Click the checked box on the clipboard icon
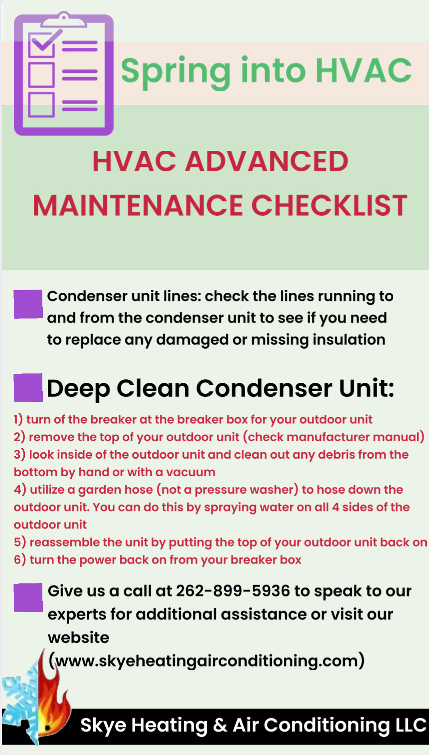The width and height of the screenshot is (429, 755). (x=41, y=45)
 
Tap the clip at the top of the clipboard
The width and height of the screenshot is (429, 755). (x=64, y=19)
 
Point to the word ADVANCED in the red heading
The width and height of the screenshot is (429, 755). (x=266, y=161)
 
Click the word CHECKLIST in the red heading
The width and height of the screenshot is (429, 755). (x=329, y=205)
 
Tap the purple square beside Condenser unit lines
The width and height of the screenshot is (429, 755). (x=28, y=304)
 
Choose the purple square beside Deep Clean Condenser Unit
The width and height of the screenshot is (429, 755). (x=28, y=387)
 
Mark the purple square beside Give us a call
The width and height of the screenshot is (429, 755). (x=28, y=597)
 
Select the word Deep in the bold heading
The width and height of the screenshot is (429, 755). (x=78, y=389)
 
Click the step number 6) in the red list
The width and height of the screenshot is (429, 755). (x=20, y=559)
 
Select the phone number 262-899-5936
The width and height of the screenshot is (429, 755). (x=233, y=591)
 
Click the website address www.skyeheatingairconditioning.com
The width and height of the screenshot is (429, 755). (x=206, y=660)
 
